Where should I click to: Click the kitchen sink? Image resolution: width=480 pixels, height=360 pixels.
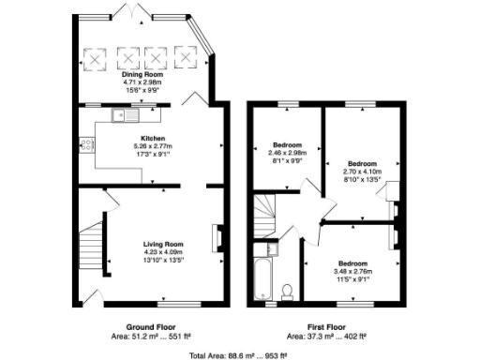[x=120, y=116]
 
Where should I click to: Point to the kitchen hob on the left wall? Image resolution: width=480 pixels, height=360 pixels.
[x=85, y=144]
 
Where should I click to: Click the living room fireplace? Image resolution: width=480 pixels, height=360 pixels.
[x=218, y=238]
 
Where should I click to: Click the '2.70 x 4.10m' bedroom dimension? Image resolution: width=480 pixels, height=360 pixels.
[x=361, y=172]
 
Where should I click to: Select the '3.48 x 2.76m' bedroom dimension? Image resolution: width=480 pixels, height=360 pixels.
[x=352, y=271]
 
